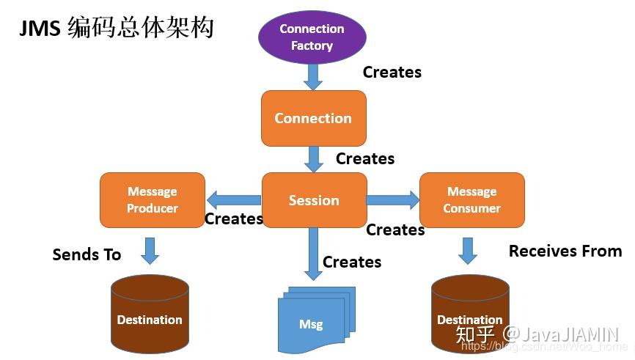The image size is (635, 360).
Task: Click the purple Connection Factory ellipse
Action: pos(312,37)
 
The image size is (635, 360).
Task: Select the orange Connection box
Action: pos(314,118)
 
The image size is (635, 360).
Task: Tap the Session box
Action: pos(315,200)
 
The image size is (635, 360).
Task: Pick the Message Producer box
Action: pos(153,200)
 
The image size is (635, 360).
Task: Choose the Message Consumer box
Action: pos(471,200)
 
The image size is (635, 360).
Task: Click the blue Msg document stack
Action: pos(316,320)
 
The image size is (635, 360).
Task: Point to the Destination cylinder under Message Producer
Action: pos(150,315)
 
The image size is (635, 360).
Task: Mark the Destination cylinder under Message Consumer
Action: pos(470,315)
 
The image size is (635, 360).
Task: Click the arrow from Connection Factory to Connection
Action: pos(313,77)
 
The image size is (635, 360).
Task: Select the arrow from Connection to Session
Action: pos(314,159)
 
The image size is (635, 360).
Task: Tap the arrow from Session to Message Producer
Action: pos(234,200)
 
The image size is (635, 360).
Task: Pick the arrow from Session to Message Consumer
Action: pos(393,200)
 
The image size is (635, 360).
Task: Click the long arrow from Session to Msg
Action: pos(313,254)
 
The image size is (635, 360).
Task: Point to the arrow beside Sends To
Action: pos(150,251)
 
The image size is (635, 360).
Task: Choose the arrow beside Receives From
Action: pos(468,251)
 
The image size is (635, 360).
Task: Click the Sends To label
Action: pos(87,254)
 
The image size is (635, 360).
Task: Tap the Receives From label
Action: pos(565,251)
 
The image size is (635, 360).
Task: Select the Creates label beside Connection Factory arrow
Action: pos(392,72)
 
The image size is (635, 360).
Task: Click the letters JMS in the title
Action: pos(40,29)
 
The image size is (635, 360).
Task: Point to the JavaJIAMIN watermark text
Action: pos(560,334)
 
